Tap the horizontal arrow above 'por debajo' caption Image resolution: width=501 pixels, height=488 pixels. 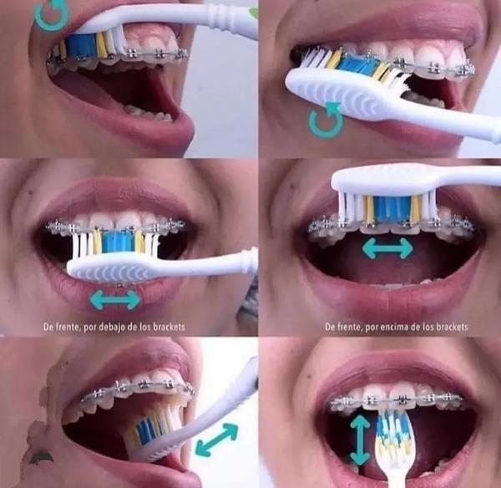click(115, 300)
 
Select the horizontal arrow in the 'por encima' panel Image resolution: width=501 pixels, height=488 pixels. click(387, 248)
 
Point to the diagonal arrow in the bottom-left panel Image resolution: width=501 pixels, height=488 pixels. click(216, 439)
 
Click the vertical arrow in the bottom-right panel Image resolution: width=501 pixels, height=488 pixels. click(360, 440)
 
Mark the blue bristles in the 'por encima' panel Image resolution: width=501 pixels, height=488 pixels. click(392, 208)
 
